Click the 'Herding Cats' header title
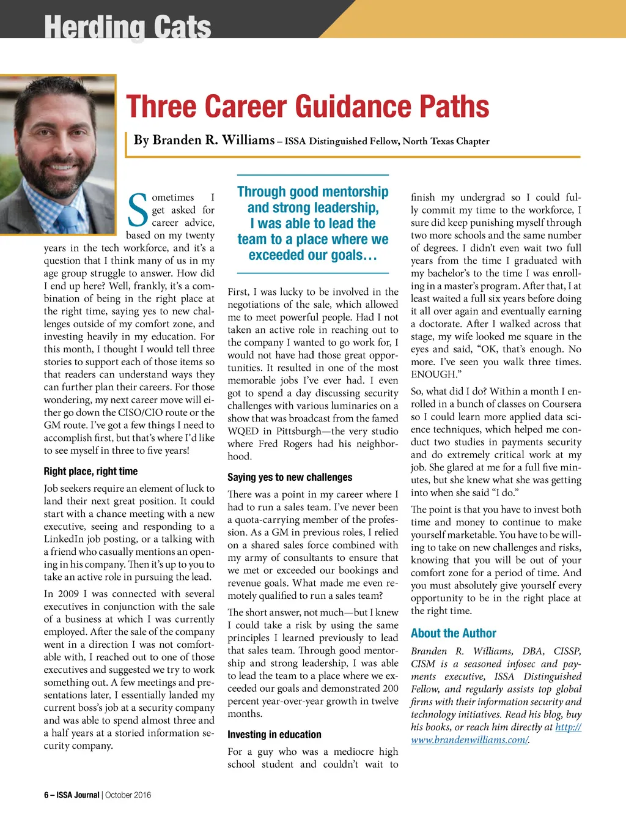128,27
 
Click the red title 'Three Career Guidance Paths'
307,106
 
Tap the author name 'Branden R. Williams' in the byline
204,140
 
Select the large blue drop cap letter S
138,210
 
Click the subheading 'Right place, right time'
90,471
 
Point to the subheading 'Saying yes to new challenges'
290,477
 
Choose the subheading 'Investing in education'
274,735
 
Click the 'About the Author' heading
453,633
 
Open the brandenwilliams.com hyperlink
469,740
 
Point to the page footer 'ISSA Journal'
78,795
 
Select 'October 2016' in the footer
128,795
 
